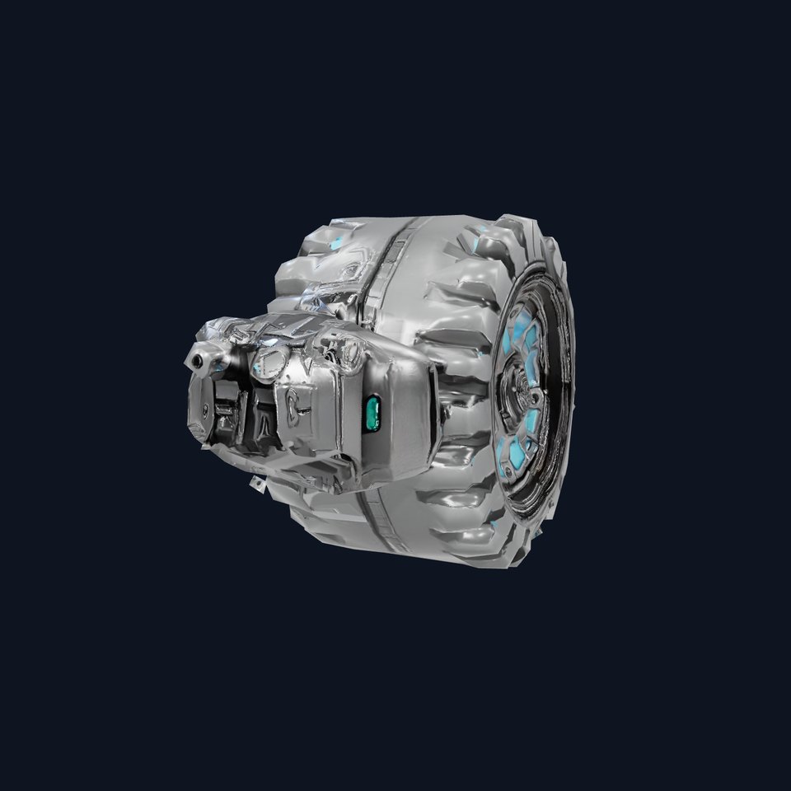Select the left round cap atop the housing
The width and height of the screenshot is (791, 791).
[268, 358]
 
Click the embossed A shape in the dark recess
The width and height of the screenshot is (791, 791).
[259, 410]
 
